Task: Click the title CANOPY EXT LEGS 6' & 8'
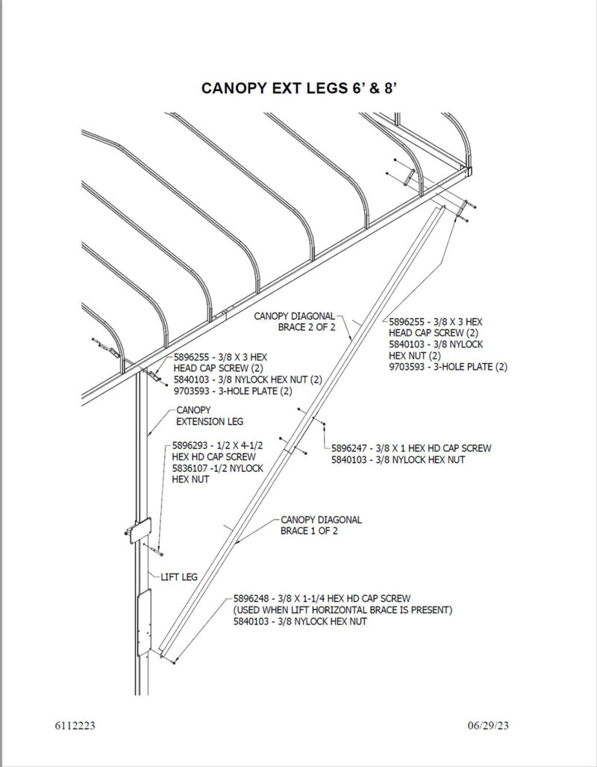[x=298, y=88]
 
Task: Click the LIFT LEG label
[x=179, y=577]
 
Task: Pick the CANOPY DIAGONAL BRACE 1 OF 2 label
[x=321, y=525]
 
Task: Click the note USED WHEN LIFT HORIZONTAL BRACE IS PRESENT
[x=343, y=609]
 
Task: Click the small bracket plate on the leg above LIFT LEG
[x=140, y=530]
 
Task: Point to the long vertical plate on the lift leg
[x=146, y=619]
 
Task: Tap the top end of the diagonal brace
[x=443, y=208]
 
